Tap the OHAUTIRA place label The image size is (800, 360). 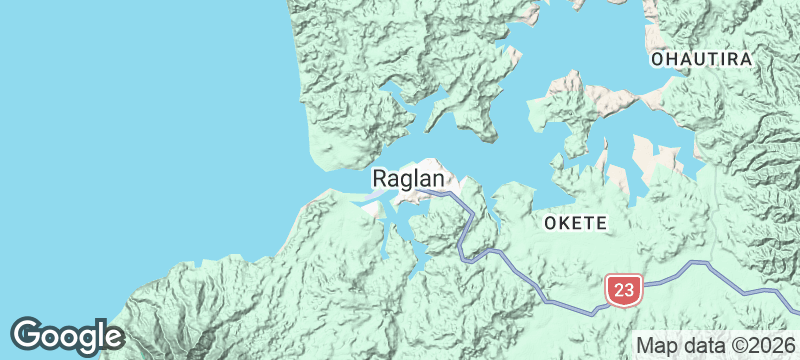coord(701,60)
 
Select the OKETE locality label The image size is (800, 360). coord(575,222)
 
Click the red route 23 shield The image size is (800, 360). coord(622,290)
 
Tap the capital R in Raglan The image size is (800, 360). coord(381,179)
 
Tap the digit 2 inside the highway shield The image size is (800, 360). coord(616,290)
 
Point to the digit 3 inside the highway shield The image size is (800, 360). coord(628,290)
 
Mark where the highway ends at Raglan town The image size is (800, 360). coord(420,189)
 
